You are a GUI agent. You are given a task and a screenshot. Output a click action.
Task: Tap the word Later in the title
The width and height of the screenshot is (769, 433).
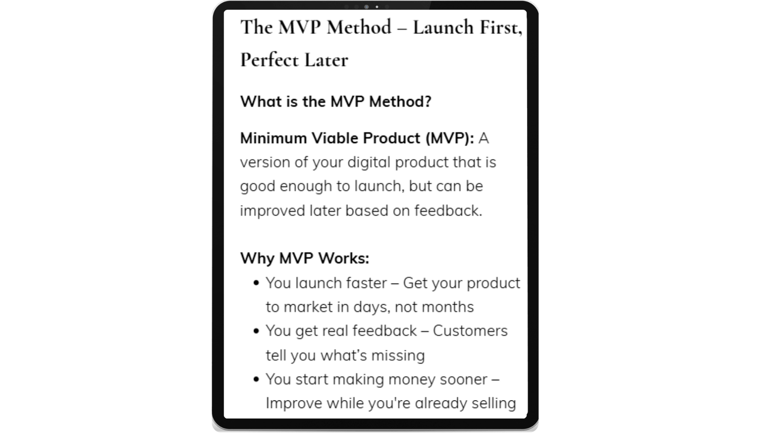click(326, 60)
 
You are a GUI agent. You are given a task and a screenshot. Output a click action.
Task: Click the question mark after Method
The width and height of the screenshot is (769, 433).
click(428, 102)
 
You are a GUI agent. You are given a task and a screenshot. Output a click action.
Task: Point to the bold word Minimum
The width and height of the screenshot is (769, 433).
click(273, 138)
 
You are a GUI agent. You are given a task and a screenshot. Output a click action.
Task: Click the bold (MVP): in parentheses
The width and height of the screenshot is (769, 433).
click(450, 139)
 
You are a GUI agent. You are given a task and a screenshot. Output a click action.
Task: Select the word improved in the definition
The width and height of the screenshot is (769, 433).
click(272, 211)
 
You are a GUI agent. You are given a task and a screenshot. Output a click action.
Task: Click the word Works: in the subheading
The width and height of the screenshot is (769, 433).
click(343, 259)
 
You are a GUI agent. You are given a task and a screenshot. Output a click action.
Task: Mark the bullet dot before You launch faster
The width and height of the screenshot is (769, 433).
click(256, 283)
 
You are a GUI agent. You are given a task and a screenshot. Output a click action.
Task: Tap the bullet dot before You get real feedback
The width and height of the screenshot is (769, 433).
click(256, 331)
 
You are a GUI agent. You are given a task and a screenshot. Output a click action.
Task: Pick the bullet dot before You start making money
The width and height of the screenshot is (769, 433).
click(256, 380)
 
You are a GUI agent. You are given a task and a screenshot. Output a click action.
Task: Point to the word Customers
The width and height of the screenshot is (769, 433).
click(470, 331)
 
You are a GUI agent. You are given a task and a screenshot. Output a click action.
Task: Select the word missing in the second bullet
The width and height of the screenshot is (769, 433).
click(398, 356)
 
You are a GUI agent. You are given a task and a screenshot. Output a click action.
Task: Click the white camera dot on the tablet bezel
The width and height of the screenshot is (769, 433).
click(377, 7)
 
